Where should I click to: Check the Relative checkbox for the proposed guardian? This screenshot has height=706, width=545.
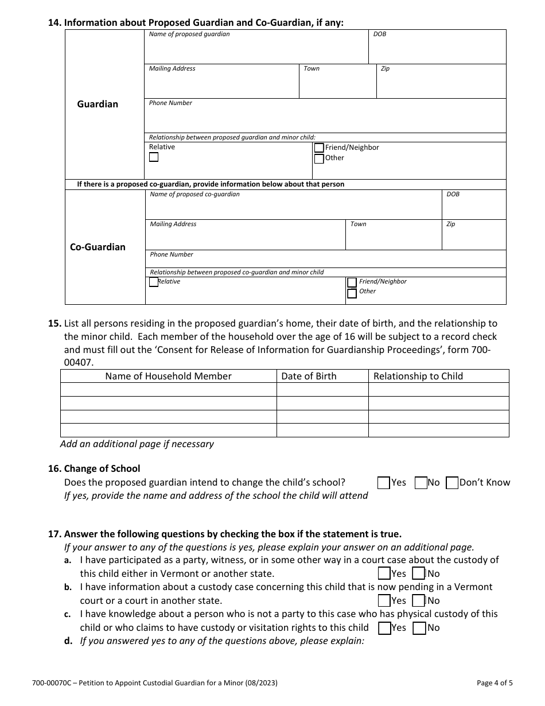[154, 157]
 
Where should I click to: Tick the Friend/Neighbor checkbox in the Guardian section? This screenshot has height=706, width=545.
[319, 148]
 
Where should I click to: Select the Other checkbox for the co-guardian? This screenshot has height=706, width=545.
[352, 294]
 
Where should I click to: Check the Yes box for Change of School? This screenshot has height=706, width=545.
[384, 483]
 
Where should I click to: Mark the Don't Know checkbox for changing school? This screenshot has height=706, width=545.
[452, 483]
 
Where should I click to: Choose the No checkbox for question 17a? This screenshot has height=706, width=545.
[419, 573]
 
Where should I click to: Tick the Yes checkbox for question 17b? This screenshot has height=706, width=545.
[384, 601]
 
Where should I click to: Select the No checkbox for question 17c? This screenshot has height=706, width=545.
[419, 628]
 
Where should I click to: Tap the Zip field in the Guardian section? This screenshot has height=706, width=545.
[441, 84]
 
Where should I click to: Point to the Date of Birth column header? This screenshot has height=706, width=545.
[309, 377]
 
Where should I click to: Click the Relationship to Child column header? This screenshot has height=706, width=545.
[418, 377]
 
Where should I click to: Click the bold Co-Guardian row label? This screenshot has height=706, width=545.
[98, 247]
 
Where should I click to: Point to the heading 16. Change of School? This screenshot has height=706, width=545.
[95, 468]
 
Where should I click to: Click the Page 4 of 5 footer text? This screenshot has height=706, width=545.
[495, 683]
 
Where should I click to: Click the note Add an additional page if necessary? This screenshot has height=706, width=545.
[137, 444]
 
